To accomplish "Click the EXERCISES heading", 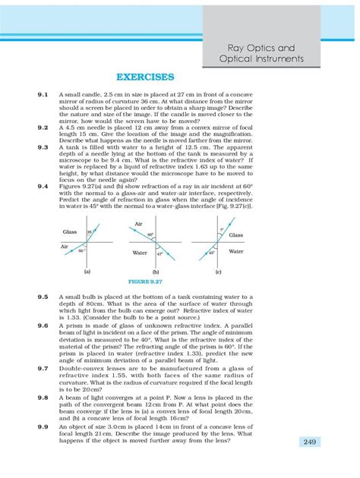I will click(145, 77).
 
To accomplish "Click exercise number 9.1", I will click(42, 95).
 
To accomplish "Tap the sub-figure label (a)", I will click(87, 271).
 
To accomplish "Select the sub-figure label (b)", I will click(155, 271).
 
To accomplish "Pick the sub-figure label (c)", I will click(218, 271).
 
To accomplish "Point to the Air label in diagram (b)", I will click(137, 224).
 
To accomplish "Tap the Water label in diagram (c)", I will click(236, 250).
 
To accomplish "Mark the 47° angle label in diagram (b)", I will click(160, 253).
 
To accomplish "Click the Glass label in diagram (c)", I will click(236, 235).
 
